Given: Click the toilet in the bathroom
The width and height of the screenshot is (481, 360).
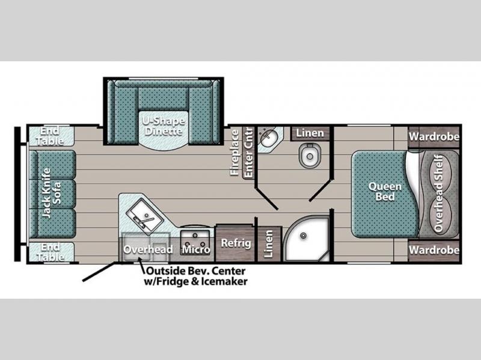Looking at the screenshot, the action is [x=310, y=155].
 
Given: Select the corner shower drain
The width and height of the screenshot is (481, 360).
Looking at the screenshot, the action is [x=304, y=236].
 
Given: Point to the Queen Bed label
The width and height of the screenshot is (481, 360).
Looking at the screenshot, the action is [x=385, y=191].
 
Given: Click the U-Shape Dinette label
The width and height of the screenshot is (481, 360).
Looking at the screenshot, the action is [x=164, y=126].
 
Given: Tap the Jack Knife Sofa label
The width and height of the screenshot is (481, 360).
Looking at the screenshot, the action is [x=51, y=193].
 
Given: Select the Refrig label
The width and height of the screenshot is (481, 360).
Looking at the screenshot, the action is [x=236, y=243].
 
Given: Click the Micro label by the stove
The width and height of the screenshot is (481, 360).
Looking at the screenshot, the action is [x=196, y=249].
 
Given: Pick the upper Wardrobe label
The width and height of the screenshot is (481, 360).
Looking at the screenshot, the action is [x=434, y=136].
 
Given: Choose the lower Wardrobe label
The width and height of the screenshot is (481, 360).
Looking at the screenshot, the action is [x=434, y=250].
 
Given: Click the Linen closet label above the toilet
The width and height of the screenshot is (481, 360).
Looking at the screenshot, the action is [x=310, y=133].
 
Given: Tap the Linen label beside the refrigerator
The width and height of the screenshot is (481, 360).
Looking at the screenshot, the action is [x=268, y=244].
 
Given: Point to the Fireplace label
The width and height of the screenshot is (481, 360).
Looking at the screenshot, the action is [x=234, y=153].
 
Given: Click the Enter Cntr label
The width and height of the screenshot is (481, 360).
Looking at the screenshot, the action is [x=248, y=153].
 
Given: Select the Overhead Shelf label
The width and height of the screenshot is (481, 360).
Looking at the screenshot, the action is [x=439, y=194].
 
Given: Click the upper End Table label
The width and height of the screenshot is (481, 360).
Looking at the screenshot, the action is [x=51, y=136].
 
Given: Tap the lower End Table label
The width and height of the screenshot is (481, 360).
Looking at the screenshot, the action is [x=51, y=252].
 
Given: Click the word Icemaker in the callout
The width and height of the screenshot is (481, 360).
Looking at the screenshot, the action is [x=224, y=281].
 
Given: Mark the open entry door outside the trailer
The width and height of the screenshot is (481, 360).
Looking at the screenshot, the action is [x=100, y=272].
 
